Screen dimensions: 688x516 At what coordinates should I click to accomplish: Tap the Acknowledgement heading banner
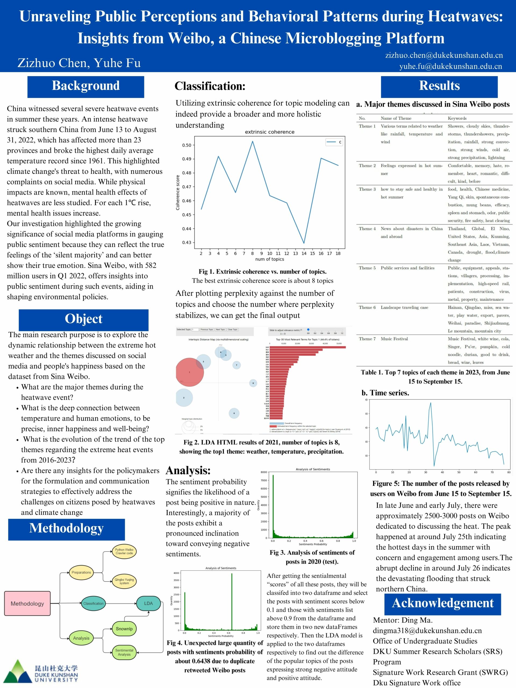pos(442,603)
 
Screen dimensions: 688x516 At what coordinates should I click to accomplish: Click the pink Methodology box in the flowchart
pos(27,603)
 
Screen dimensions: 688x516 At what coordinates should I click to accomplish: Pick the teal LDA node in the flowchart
pos(148,603)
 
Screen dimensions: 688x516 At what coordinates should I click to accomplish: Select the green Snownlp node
pos(124,629)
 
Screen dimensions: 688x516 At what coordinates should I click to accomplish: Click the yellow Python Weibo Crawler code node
pos(124,551)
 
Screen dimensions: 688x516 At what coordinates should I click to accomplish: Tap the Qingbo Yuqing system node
pos(124,581)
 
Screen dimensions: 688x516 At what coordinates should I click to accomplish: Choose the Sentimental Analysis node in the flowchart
pos(124,652)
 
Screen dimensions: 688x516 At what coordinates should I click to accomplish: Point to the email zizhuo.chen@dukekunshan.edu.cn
pos(444,55)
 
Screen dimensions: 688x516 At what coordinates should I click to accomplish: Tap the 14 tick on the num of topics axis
pos(304,253)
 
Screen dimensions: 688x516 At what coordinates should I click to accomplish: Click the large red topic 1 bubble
pos(189,372)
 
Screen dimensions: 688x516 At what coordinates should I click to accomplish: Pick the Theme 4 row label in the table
pos(367,229)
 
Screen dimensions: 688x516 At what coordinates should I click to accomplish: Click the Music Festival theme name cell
pos(394,339)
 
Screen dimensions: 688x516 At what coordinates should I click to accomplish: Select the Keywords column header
pos(457,118)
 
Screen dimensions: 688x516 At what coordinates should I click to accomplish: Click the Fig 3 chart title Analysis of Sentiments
pos(313,469)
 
